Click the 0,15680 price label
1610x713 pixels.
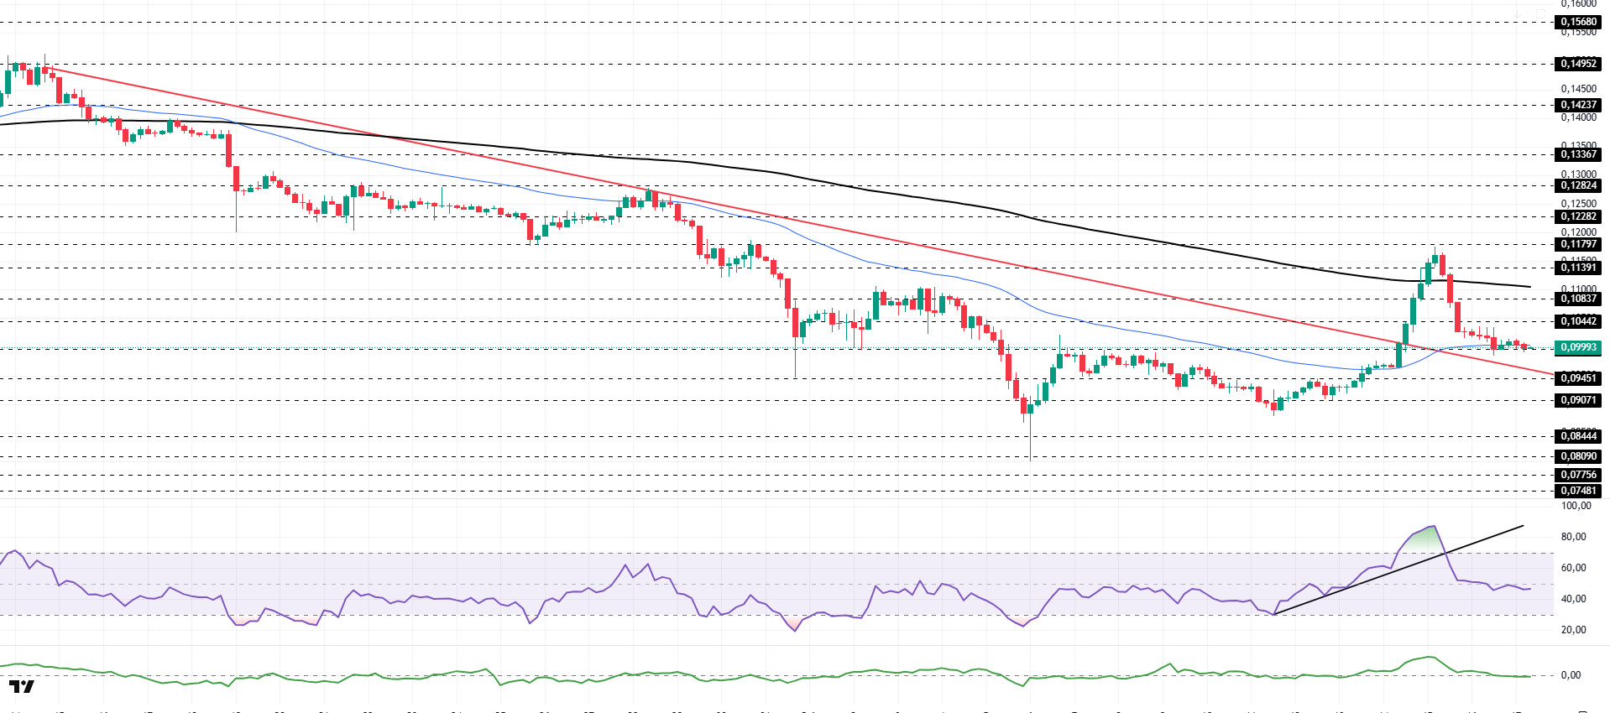click(x=1578, y=23)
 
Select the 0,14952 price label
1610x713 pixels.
click(x=1578, y=64)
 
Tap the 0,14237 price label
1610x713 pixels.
click(x=1578, y=106)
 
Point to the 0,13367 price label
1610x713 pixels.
click(x=1578, y=154)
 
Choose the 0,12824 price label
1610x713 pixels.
click(x=1578, y=185)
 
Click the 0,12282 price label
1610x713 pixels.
click(x=1578, y=216)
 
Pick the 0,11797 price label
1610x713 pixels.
click(x=1578, y=245)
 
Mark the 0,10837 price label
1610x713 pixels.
click(x=1578, y=299)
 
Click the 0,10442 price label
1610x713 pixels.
click(x=1578, y=321)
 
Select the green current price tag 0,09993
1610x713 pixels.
click(x=1578, y=347)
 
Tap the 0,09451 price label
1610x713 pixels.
click(x=1578, y=378)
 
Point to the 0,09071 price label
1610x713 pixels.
click(x=1578, y=400)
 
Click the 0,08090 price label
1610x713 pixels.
click(x=1578, y=456)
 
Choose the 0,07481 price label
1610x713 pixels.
click(x=1578, y=491)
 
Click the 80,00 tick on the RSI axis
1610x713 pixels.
click(x=1573, y=537)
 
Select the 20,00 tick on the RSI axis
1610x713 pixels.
click(x=1573, y=630)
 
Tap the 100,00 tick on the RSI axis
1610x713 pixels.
click(x=1576, y=506)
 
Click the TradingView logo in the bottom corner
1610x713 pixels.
click(x=22, y=687)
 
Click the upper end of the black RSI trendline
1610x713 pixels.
click(x=1523, y=526)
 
